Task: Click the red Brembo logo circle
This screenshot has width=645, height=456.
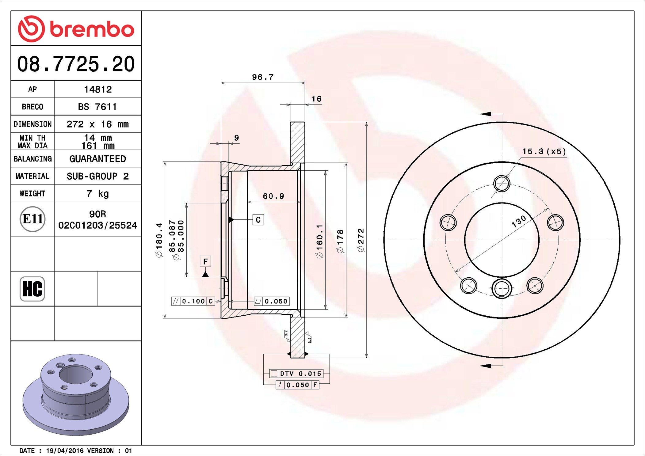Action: click(x=31, y=29)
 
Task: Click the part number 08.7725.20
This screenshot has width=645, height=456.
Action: click(x=76, y=64)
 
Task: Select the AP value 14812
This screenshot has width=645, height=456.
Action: click(x=98, y=89)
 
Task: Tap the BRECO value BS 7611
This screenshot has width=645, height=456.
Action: click(x=97, y=107)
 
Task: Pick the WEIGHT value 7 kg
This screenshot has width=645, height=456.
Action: click(x=97, y=194)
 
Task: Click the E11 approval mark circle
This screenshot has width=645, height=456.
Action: click(x=32, y=219)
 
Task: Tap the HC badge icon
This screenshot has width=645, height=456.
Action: click(x=32, y=289)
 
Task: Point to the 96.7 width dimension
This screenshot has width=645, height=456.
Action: click(x=263, y=77)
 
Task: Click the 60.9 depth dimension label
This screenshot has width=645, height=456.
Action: click(x=273, y=196)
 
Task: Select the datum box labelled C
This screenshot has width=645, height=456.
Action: click(x=258, y=220)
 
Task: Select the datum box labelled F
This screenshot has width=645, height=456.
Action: click(x=205, y=261)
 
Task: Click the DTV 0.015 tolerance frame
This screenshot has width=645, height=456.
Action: click(x=296, y=374)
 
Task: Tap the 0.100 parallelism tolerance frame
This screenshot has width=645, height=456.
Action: click(x=193, y=301)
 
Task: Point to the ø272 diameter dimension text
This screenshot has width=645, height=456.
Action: click(x=361, y=240)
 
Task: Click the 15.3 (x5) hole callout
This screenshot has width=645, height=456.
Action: click(x=544, y=152)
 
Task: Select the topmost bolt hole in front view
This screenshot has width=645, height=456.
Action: click(x=502, y=184)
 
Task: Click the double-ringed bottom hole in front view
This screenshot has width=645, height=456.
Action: click(x=502, y=288)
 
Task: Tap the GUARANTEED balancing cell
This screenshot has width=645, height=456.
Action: click(x=97, y=159)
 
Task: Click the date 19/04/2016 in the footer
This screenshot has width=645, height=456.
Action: click(x=65, y=451)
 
